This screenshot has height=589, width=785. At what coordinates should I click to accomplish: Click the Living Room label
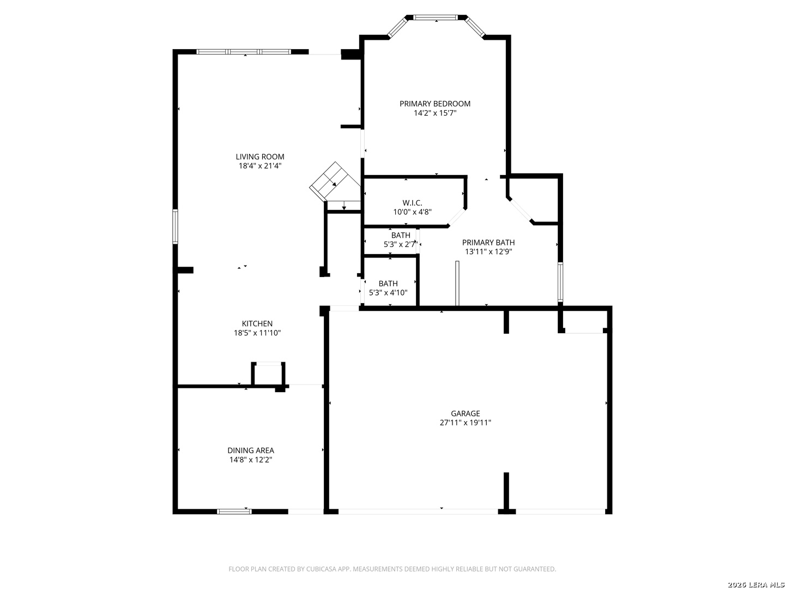pyautogui.click(x=259, y=157)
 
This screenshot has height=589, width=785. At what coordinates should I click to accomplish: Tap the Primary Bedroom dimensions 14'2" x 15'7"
pyautogui.click(x=435, y=113)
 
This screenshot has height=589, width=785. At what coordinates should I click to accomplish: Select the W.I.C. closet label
pyautogui.click(x=412, y=203)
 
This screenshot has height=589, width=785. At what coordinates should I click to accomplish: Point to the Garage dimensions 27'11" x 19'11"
pyautogui.click(x=465, y=422)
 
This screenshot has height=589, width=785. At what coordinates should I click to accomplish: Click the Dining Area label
pyautogui.click(x=251, y=450)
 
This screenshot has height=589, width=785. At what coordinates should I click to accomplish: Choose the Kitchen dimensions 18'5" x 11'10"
pyautogui.click(x=257, y=333)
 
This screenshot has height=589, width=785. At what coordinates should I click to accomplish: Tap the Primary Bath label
pyautogui.click(x=488, y=242)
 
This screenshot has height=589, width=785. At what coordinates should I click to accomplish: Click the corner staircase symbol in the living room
pyautogui.click(x=335, y=182)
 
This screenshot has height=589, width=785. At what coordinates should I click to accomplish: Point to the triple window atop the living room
pyautogui.click(x=244, y=52)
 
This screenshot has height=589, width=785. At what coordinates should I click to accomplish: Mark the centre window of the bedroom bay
pyautogui.click(x=435, y=17)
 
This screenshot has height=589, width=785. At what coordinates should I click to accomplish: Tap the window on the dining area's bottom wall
pyautogui.click(x=234, y=512)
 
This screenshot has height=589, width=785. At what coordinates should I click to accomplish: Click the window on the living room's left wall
pyautogui.click(x=175, y=226)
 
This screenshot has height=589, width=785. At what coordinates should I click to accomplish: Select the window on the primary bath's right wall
pyautogui.click(x=560, y=282)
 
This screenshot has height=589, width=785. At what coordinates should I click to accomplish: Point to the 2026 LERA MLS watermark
pyautogui.click(x=756, y=584)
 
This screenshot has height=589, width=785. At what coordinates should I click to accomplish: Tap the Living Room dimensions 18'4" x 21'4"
pyautogui.click(x=260, y=166)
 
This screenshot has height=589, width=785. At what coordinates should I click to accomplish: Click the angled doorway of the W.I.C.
pyautogui.click(x=457, y=217)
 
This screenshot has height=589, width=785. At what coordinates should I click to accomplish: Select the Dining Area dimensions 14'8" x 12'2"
pyautogui.click(x=251, y=460)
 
